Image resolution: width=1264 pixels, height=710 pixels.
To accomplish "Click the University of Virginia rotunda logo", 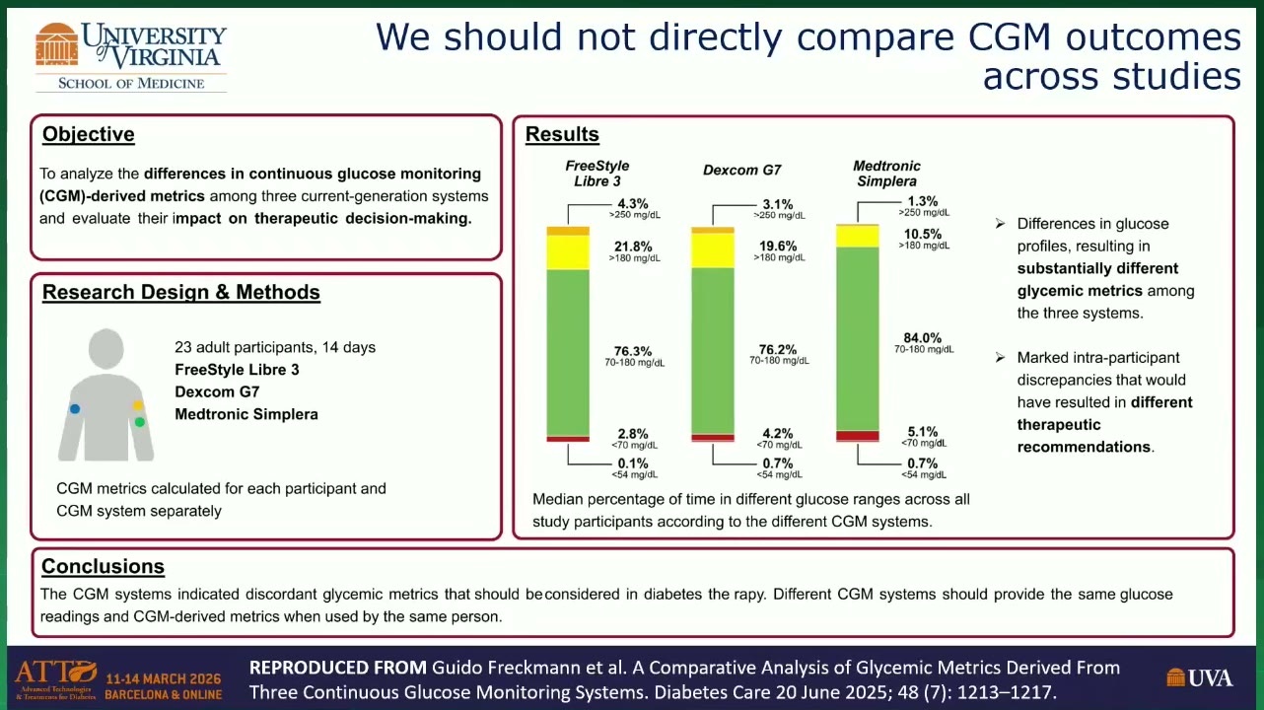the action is click(x=56, y=44).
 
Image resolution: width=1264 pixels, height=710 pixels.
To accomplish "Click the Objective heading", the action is click(x=89, y=134).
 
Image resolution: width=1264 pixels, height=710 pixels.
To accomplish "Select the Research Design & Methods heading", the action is click(x=181, y=292).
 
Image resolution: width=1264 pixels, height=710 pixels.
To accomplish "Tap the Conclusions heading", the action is click(x=103, y=566).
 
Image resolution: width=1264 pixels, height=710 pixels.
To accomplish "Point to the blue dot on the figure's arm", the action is click(x=75, y=408).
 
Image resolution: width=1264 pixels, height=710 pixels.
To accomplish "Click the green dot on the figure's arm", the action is click(x=140, y=422).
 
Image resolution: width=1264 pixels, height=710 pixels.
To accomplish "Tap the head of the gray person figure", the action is click(x=106, y=348).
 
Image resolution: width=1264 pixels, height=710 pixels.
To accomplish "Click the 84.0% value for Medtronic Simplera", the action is click(x=923, y=338).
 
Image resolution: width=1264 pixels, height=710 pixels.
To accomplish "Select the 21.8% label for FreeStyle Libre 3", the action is click(x=633, y=247).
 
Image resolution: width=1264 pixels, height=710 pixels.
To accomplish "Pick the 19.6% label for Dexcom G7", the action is click(x=778, y=247).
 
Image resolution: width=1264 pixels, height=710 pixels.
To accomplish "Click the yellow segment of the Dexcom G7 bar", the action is click(x=713, y=250).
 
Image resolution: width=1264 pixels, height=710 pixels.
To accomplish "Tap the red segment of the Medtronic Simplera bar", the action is click(x=858, y=436).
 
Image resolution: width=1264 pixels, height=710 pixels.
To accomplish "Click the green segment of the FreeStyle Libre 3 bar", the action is click(x=568, y=353).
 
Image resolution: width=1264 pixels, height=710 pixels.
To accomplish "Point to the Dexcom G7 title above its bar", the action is click(x=742, y=170).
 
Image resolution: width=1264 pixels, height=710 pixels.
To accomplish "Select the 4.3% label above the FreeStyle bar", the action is click(x=633, y=204).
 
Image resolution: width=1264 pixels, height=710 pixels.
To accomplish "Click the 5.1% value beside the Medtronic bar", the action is click(x=923, y=432).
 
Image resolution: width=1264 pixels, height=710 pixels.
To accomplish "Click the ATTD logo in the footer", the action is click(x=56, y=679).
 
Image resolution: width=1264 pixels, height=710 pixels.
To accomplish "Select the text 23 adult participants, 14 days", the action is click(x=275, y=347).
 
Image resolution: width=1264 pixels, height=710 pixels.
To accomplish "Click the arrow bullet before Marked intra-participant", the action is click(x=1000, y=357).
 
